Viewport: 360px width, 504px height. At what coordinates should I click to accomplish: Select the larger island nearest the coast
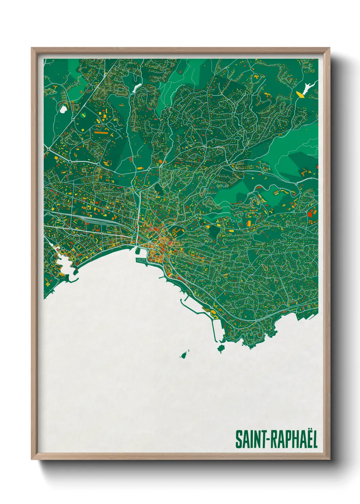point(221,348)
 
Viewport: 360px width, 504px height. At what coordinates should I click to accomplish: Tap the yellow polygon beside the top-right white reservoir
point(300,94)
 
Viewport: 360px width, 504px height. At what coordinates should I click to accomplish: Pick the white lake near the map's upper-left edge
point(63,109)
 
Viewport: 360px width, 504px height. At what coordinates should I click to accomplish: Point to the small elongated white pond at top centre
point(136,88)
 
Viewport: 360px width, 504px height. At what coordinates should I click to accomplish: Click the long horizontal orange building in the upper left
point(101,132)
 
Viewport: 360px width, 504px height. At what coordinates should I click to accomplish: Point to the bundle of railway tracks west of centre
point(92,218)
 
